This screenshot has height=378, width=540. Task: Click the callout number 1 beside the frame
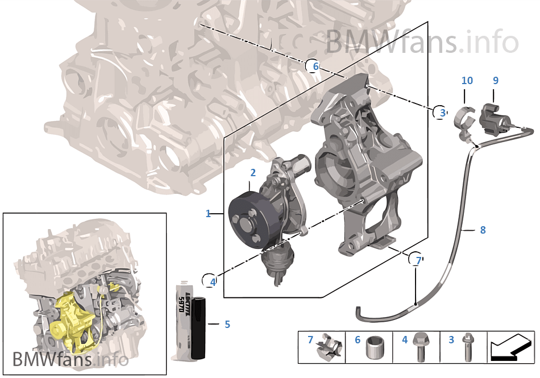(208, 214)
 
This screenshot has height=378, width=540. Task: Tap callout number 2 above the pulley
(253, 172)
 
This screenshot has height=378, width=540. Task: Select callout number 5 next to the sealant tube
(227, 325)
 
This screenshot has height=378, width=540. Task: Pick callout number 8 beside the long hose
(483, 230)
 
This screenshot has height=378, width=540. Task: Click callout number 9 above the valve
(495, 81)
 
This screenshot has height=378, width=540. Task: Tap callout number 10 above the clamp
(467, 81)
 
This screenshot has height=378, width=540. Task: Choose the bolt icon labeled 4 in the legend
(420, 347)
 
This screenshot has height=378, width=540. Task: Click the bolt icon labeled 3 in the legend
(467, 347)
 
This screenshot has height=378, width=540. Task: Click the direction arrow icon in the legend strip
(510, 347)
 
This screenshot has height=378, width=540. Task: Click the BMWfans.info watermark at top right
(422, 41)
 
